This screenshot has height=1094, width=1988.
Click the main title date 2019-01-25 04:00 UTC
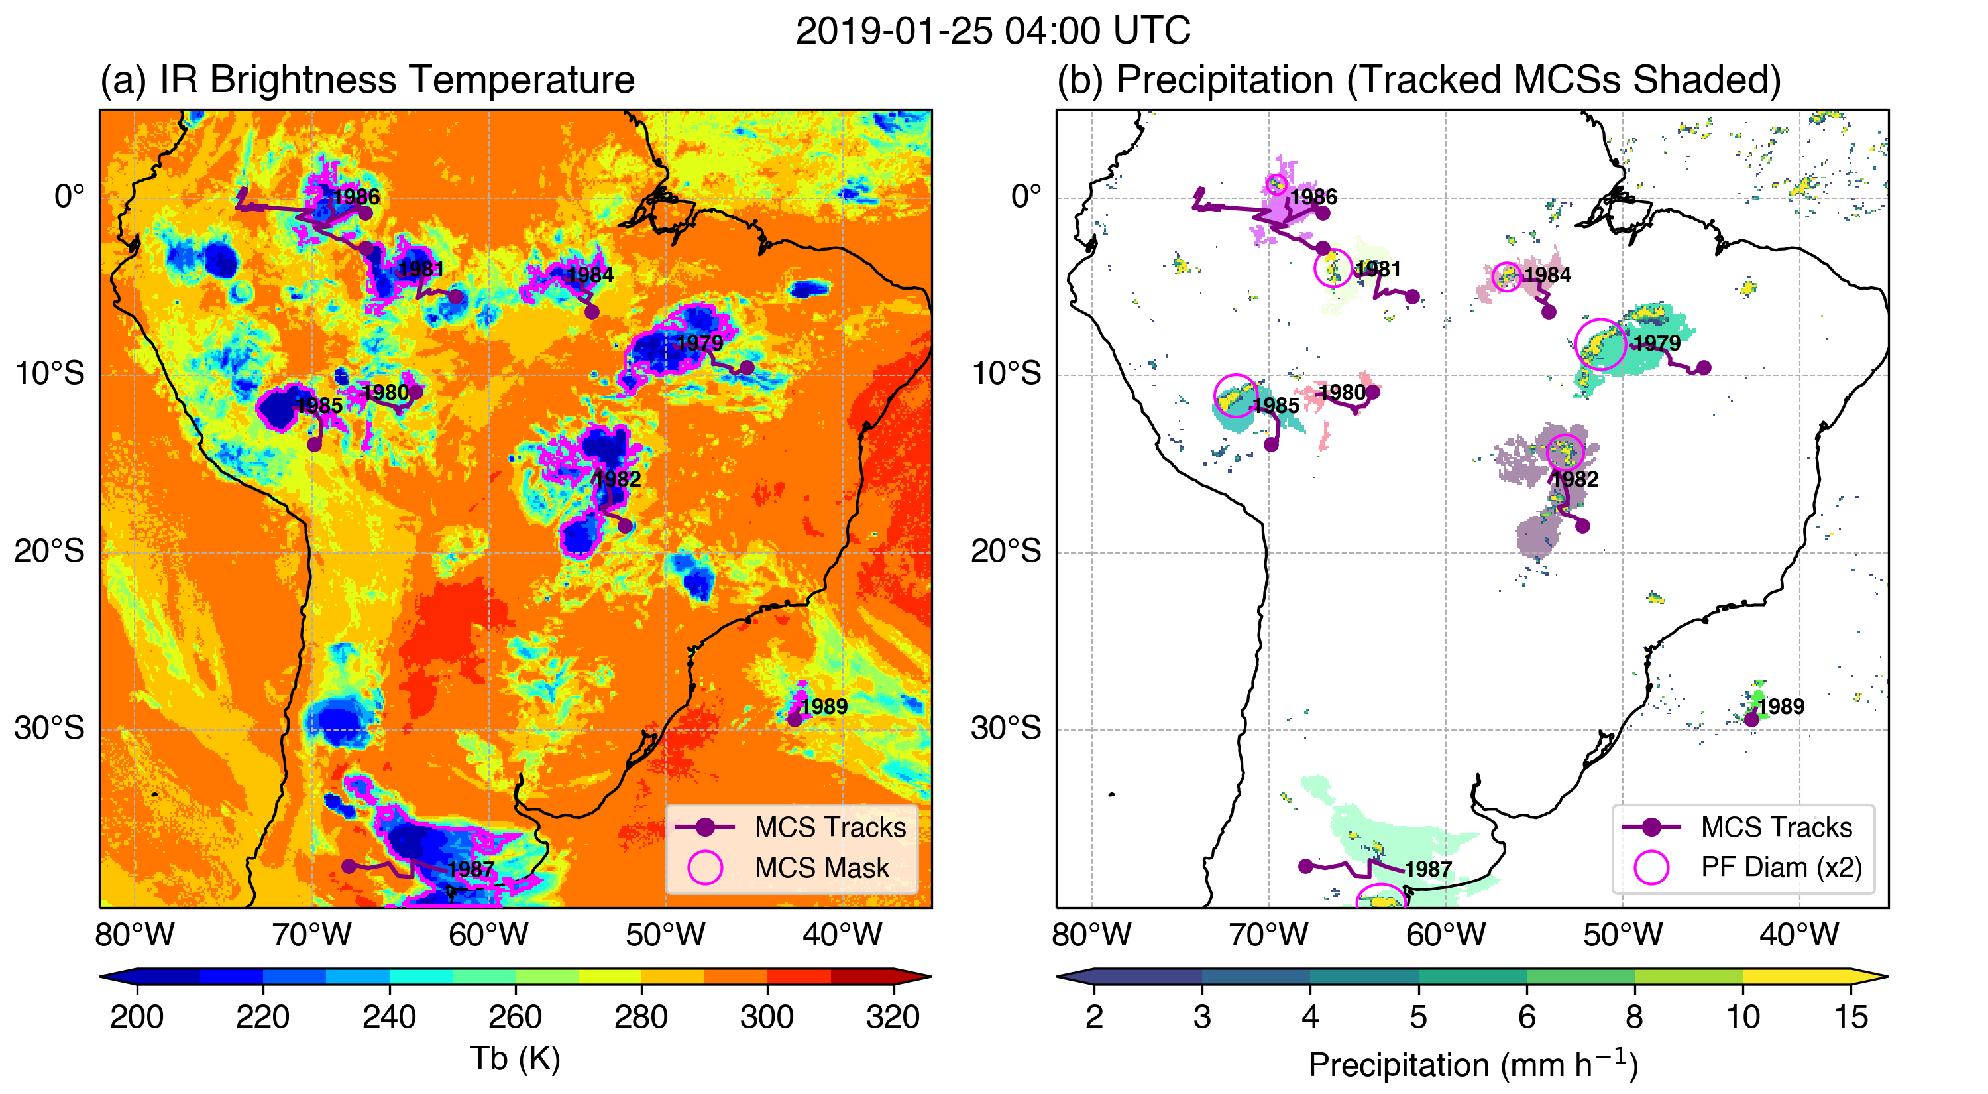click(993, 31)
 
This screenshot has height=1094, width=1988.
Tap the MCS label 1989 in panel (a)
click(824, 706)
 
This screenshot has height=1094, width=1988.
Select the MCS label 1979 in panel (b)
click(1657, 343)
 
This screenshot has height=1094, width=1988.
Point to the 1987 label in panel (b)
click(1429, 869)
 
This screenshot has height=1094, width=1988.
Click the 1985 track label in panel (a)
click(319, 405)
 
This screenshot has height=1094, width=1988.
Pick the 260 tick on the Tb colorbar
click(515, 1017)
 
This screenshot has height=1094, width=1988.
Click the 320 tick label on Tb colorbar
click(893, 1017)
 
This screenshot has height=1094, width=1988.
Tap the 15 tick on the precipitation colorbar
click(1851, 1017)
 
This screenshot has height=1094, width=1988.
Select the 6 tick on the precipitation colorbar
click(1527, 1017)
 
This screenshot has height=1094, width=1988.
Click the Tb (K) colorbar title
click(515, 1058)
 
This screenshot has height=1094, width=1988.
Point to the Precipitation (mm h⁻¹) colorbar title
click(1472, 1063)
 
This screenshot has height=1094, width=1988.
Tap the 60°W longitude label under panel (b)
click(1445, 934)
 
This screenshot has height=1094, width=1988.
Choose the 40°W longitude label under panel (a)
click(842, 934)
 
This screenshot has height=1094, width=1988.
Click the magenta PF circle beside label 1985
click(1237, 396)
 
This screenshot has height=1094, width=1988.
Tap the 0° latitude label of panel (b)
click(1026, 196)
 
